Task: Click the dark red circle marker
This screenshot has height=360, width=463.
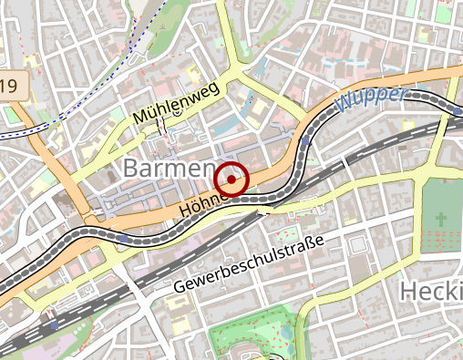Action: (232, 180)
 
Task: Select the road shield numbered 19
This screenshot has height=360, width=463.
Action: (11, 87)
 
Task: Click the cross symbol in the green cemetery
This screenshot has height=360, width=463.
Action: (442, 221)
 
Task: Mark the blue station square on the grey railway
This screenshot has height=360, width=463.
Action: (55, 324)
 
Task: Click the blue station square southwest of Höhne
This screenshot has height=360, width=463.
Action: (122, 239)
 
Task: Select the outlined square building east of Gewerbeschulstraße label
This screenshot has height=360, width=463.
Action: (358, 243)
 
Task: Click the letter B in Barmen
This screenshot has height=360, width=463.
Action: (130, 169)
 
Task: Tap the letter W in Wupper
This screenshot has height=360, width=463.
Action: (345, 103)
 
